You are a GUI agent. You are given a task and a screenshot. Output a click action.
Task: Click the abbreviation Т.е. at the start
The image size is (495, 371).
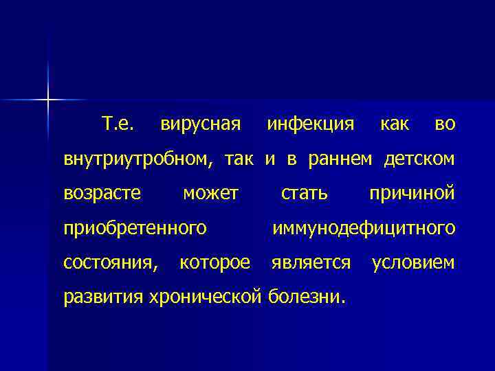point(118,124)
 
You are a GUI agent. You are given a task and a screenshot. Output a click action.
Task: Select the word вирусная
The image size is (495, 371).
point(200,125)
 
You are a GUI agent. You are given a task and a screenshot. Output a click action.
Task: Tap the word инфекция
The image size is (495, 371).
point(311,125)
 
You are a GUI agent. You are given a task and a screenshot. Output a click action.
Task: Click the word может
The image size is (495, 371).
point(210,194)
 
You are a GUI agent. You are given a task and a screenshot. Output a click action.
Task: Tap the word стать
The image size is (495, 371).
point(304,194)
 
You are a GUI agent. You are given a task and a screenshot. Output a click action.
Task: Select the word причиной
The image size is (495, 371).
point(412,194)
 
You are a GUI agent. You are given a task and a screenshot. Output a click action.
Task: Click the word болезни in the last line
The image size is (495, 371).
point(305,297)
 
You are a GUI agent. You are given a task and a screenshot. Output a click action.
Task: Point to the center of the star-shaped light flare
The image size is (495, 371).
point(48,101)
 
